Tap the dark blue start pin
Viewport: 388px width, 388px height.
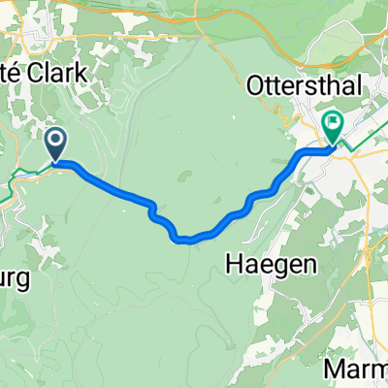(56, 146)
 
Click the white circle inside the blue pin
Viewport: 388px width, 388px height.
(56, 142)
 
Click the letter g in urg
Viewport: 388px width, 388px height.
(25, 281)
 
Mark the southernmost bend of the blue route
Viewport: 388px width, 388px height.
(184, 239)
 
